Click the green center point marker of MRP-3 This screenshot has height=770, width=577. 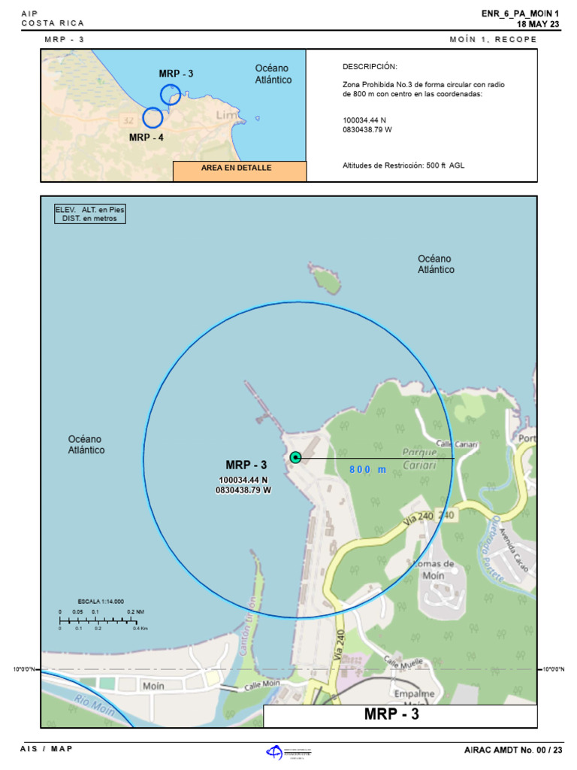[295, 457]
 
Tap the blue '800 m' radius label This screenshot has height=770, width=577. [367, 470]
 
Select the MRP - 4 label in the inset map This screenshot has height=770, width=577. [146, 138]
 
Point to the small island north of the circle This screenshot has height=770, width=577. [325, 279]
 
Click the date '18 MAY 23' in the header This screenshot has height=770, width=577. [539, 23]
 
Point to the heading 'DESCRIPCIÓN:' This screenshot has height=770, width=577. [370, 67]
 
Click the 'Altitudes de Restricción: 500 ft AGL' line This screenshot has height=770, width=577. [403, 165]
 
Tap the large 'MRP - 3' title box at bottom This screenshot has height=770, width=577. [400, 715]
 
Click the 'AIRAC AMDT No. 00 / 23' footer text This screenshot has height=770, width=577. [513, 750]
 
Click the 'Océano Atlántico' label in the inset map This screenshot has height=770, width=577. [273, 74]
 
